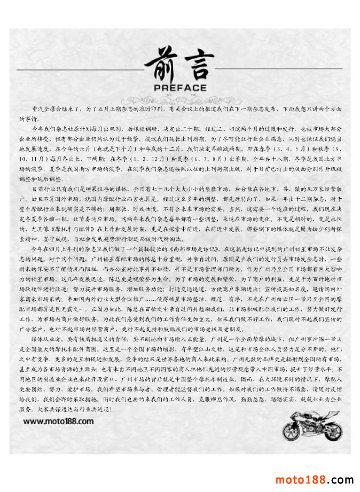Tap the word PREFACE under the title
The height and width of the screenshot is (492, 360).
(179, 88)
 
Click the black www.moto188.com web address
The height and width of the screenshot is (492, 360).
(59, 421)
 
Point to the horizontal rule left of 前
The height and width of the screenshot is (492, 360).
(80, 70)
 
